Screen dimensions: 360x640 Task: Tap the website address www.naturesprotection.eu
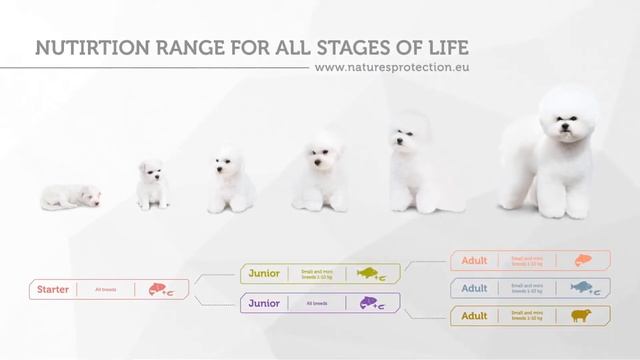[392, 69]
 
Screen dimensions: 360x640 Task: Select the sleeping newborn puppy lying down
[70, 196]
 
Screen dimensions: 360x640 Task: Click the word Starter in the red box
[53, 290]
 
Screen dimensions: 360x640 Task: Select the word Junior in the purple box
[264, 303]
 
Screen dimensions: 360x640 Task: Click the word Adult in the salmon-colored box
[474, 261]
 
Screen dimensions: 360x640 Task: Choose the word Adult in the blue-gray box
[474, 288]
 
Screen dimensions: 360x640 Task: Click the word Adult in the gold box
[474, 316]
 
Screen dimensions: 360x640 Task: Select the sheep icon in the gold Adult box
[581, 316]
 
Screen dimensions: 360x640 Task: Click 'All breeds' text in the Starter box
[106, 290]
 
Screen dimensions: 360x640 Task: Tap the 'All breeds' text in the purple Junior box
[317, 303]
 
